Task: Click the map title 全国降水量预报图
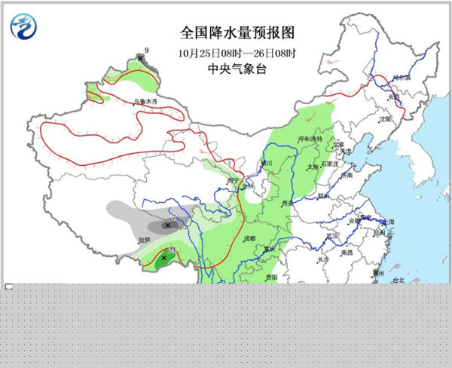(x=227, y=34)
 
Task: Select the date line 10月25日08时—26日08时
(x=227, y=53)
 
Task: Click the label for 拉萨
(x=143, y=240)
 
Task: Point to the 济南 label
(x=346, y=175)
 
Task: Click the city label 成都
(x=249, y=238)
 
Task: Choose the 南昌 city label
(x=347, y=253)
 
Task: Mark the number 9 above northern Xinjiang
(x=147, y=50)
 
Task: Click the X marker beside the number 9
(x=140, y=57)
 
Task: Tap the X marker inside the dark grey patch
(x=166, y=225)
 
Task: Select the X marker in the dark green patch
(x=163, y=258)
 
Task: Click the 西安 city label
(x=286, y=203)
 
